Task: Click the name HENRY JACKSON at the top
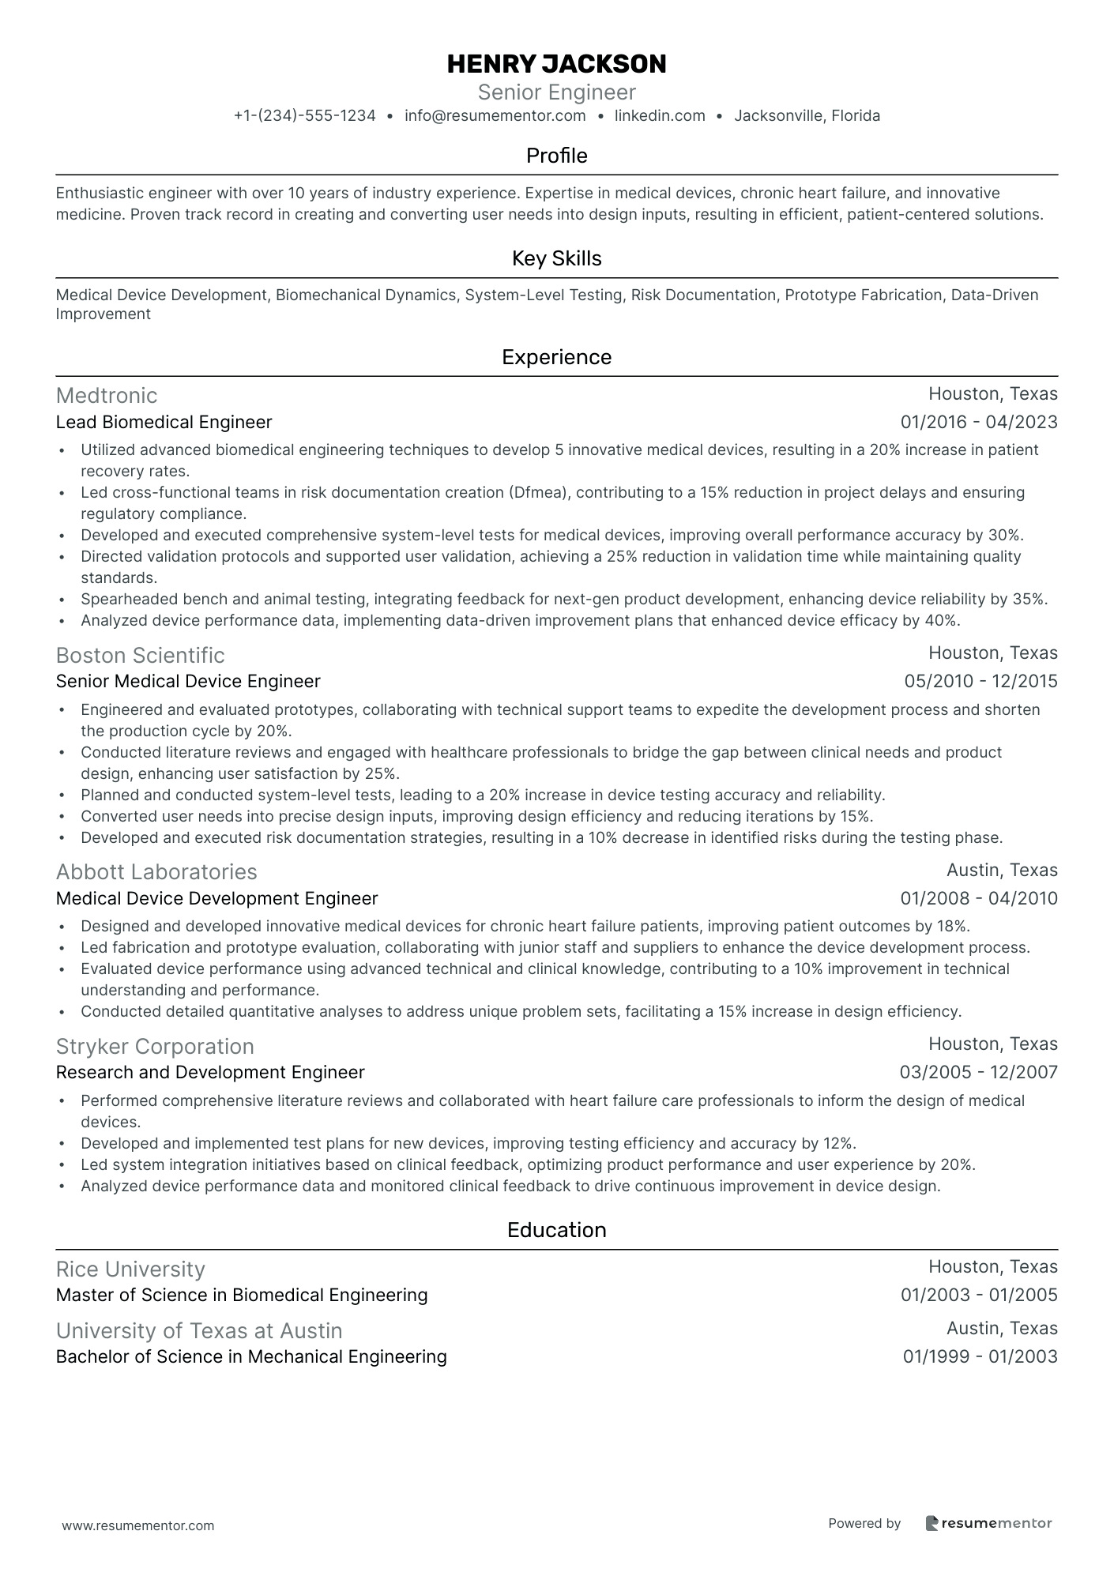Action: tap(556, 64)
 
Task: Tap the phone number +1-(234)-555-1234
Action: tap(304, 116)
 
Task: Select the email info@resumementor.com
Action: tap(495, 116)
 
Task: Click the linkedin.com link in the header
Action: tap(660, 116)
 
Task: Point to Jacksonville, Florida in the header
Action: tap(807, 116)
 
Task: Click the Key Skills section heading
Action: tap(556, 258)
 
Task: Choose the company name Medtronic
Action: tap(107, 395)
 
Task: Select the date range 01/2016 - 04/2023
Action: tap(978, 423)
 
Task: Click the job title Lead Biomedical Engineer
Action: tap(164, 423)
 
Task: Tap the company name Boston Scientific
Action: tap(140, 655)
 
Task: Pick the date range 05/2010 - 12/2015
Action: tap(980, 682)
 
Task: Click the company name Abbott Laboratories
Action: tap(156, 872)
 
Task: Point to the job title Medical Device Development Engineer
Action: tap(216, 899)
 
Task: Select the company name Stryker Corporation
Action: tap(155, 1046)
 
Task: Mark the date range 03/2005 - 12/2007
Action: tap(978, 1073)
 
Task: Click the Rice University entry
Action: tap(130, 1269)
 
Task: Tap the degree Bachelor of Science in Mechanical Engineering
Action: tap(251, 1357)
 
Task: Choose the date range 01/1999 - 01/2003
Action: tap(980, 1357)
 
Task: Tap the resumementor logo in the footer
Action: tap(988, 1524)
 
